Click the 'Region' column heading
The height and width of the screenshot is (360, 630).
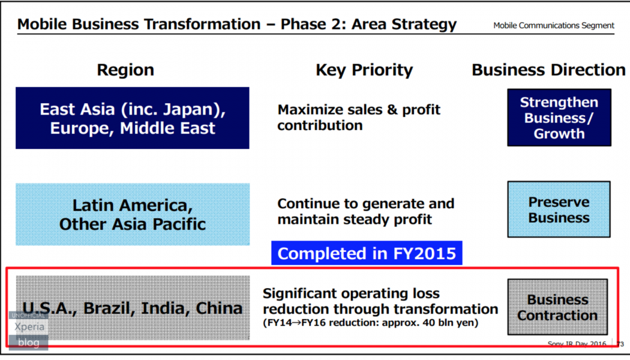click(x=125, y=70)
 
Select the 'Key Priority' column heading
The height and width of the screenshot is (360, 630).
click(x=364, y=70)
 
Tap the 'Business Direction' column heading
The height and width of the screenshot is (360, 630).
click(x=548, y=70)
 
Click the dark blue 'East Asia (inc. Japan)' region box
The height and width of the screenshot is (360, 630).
click(x=133, y=118)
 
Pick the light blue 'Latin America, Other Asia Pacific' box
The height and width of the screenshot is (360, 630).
click(x=133, y=215)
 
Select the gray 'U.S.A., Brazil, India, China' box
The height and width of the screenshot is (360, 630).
click(x=133, y=308)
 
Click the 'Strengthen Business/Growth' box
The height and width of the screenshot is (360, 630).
click(x=559, y=118)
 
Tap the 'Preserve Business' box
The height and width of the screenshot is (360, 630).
click(x=559, y=209)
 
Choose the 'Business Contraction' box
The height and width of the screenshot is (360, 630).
click(x=557, y=307)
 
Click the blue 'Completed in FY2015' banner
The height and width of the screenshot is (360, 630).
click(x=367, y=253)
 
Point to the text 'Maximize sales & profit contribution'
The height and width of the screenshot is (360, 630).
click(x=359, y=118)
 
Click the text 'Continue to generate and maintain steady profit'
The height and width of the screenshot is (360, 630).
click(x=365, y=211)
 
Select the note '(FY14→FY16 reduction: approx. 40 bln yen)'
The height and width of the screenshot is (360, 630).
click(x=370, y=323)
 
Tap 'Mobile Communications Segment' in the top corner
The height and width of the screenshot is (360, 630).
click(x=554, y=26)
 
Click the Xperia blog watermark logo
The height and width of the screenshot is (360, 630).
click(x=29, y=331)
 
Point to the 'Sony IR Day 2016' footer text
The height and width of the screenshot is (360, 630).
click(x=577, y=344)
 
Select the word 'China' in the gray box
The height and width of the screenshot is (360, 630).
click(x=219, y=308)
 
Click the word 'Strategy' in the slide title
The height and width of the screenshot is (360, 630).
click(x=424, y=25)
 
